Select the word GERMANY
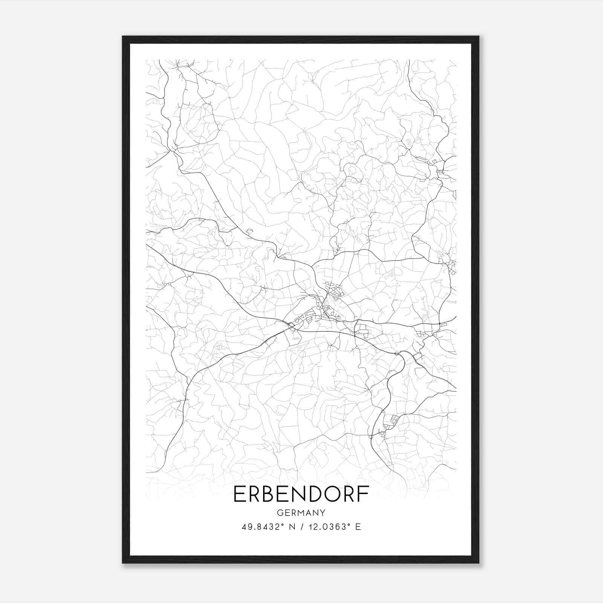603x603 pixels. pyautogui.click(x=301, y=513)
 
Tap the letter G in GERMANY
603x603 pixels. pyautogui.click(x=279, y=513)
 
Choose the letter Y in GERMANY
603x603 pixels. pyautogui.click(x=323, y=513)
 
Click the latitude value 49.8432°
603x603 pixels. pyautogui.click(x=263, y=526)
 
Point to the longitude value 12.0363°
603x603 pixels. pyautogui.click(x=327, y=526)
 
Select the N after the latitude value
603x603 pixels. pyautogui.click(x=291, y=526)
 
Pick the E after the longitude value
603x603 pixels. pyautogui.click(x=358, y=526)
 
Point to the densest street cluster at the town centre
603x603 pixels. pyautogui.click(x=325, y=310)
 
